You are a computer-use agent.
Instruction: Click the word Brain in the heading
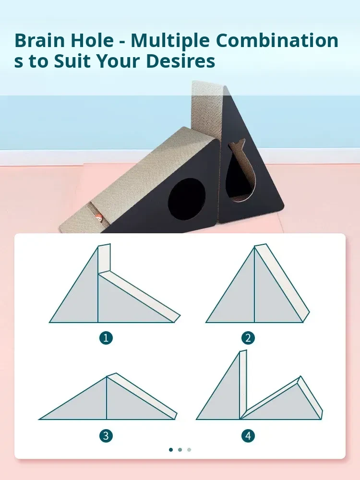click(x=39, y=40)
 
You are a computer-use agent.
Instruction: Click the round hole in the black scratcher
click(x=187, y=199)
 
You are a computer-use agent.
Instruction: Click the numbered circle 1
click(x=106, y=338)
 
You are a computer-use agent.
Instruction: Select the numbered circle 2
click(x=248, y=338)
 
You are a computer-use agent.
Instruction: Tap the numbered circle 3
click(x=106, y=436)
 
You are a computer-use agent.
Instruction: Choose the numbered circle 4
click(x=248, y=436)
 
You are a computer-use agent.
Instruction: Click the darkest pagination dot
click(x=171, y=450)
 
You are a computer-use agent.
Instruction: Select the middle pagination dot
click(x=180, y=450)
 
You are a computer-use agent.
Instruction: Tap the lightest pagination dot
click(x=189, y=450)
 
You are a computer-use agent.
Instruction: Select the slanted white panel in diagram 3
click(x=142, y=396)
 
